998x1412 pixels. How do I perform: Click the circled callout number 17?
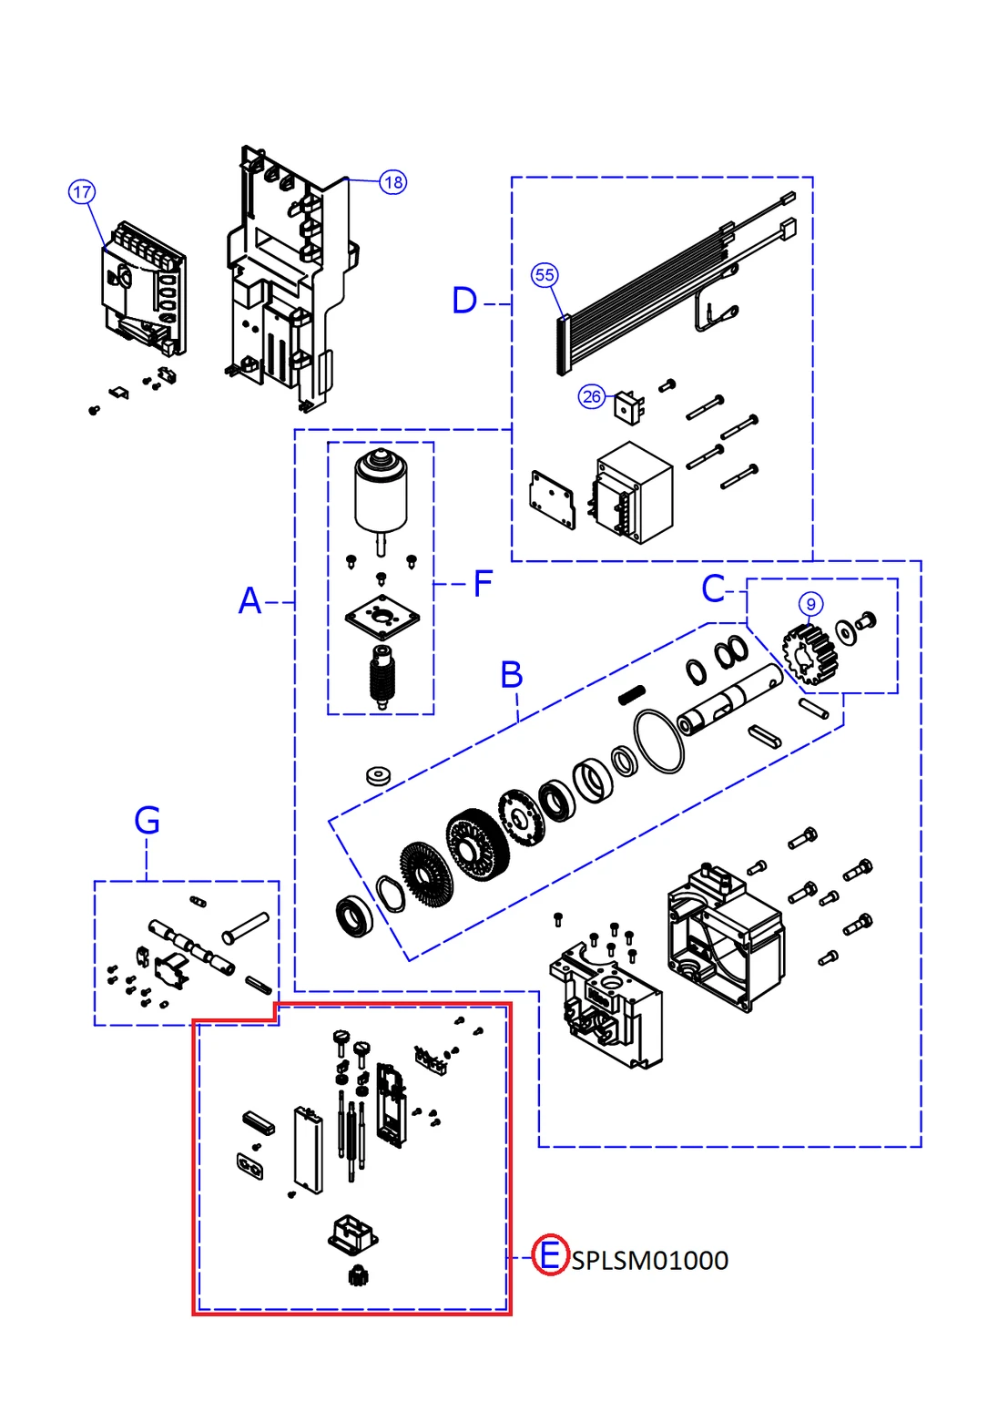(82, 191)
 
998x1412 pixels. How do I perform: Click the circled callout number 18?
(393, 182)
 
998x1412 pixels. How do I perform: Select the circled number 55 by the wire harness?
(545, 274)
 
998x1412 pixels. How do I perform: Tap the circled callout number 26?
(592, 396)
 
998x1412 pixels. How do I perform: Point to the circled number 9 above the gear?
(810, 604)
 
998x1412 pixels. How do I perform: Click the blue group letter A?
(249, 601)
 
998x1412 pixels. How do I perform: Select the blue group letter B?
(512, 675)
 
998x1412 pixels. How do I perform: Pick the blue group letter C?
(713, 589)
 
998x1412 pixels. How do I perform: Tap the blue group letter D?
(464, 301)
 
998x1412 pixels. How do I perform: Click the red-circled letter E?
(550, 1255)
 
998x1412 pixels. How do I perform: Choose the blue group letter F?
(483, 584)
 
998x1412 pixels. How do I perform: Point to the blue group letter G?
(147, 821)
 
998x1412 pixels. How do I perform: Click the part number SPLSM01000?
(650, 1261)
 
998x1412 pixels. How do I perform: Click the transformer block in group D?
(635, 492)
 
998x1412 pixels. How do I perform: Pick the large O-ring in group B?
(658, 742)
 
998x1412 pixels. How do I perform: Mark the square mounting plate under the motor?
(382, 617)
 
